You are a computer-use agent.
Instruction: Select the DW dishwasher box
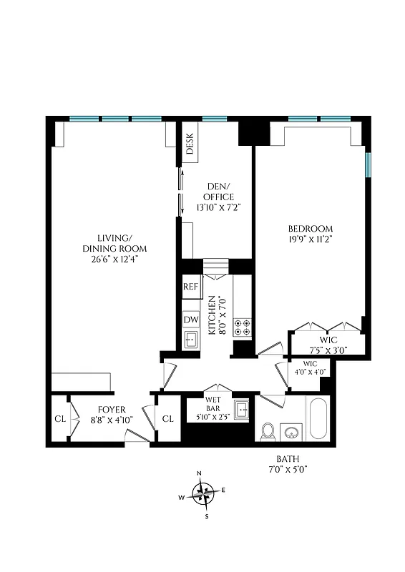[x=190, y=320]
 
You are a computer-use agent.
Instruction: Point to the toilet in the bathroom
[x=269, y=430]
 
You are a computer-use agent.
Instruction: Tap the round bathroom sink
[x=293, y=433]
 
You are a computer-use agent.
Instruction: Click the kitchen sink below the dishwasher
[x=190, y=340]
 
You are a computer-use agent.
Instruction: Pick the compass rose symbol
[x=206, y=493]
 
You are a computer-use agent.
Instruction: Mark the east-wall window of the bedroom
[x=368, y=164]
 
